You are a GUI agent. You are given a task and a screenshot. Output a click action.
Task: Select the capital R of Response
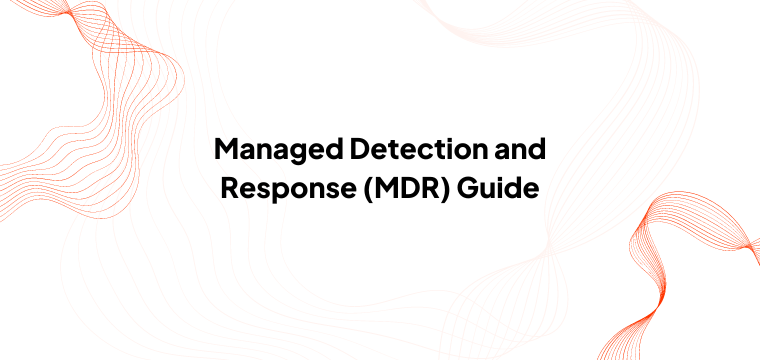click(x=227, y=189)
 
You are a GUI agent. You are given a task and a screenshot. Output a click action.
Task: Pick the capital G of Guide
click(x=470, y=189)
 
